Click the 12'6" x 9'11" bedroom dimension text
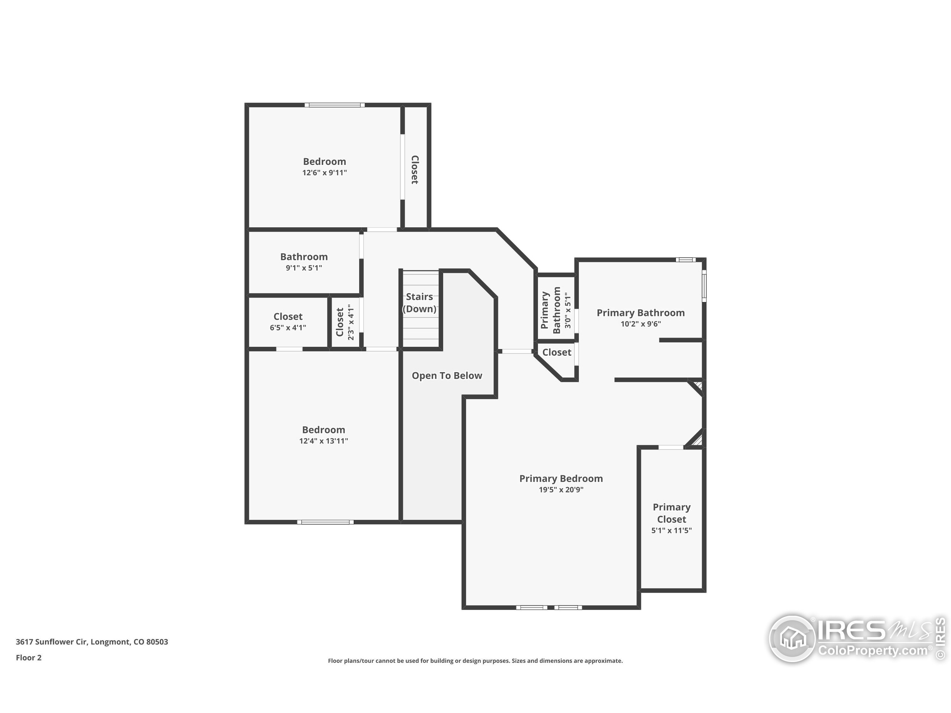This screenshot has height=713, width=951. coord(325,173)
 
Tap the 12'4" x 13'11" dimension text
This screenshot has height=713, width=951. coord(324,441)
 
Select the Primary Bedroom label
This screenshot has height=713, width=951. coord(561,479)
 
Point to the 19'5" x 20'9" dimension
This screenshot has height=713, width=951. coord(561,490)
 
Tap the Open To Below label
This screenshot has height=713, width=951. coord(447,376)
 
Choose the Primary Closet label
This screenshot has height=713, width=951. coord(672,513)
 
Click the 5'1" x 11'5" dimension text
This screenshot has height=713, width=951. coord(672,530)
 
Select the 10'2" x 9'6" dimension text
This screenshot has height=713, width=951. coord(640,324)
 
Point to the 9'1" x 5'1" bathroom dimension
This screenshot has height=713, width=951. coord(304,268)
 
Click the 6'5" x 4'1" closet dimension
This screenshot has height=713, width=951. coord(288,328)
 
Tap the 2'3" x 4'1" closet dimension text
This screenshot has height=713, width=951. coord(351,322)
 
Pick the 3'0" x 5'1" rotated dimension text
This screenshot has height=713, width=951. coord(568,311)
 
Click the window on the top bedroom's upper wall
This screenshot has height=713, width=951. coord(335,105)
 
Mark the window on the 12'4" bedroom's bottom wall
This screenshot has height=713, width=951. coord(325,522)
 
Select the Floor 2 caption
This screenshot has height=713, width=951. coord(29,658)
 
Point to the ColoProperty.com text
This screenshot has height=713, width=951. coord(873,650)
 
